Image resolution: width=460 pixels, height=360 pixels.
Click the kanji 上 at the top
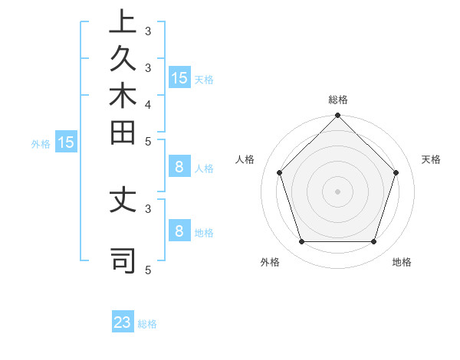click(x=123, y=21)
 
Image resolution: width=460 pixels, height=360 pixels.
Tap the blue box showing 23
click(x=123, y=322)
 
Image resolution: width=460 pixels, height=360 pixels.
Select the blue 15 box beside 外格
click(x=65, y=142)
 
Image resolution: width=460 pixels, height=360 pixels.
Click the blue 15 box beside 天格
click(x=179, y=78)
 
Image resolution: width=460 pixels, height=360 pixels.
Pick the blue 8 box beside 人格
click(x=179, y=168)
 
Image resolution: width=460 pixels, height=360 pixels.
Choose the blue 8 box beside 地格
click(x=179, y=231)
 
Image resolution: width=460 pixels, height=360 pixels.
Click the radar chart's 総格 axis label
click(x=338, y=100)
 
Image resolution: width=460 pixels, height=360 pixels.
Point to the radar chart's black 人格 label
click(x=245, y=159)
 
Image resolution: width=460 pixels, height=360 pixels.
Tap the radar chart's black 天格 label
click(x=432, y=159)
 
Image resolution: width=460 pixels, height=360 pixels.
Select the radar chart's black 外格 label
click(x=270, y=262)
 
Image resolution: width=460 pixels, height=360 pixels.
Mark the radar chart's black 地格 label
click(x=402, y=262)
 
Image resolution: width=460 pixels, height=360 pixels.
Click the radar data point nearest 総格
click(x=338, y=116)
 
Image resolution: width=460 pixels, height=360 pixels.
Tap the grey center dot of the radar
click(x=338, y=191)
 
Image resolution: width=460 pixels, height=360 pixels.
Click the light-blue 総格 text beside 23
click(x=147, y=324)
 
